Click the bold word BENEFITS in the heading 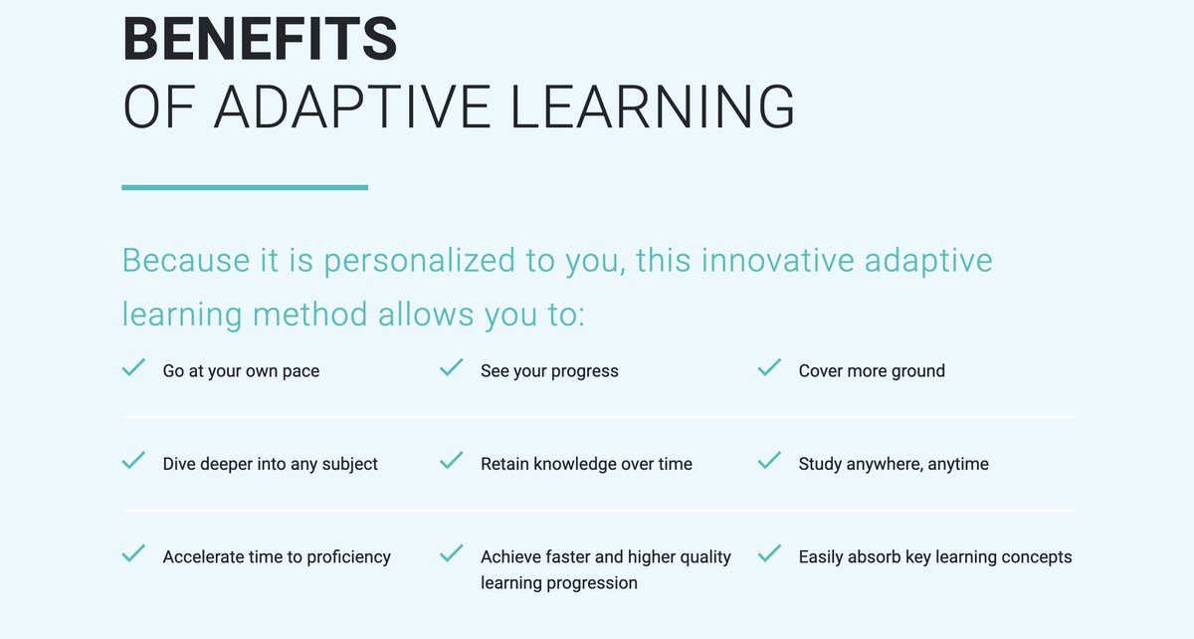click(260, 38)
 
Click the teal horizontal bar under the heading click(245, 187)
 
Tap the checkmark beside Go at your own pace click(133, 368)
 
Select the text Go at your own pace click(241, 371)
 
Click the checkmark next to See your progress click(452, 368)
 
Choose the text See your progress click(549, 371)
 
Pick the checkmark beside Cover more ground click(769, 368)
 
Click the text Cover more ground click(872, 371)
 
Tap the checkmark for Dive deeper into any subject click(133, 462)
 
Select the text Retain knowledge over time click(586, 464)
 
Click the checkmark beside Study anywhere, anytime click(769, 462)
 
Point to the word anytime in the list click(958, 465)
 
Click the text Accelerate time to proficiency click(277, 557)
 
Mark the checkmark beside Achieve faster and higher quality click(452, 553)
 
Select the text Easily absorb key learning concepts click(935, 557)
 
